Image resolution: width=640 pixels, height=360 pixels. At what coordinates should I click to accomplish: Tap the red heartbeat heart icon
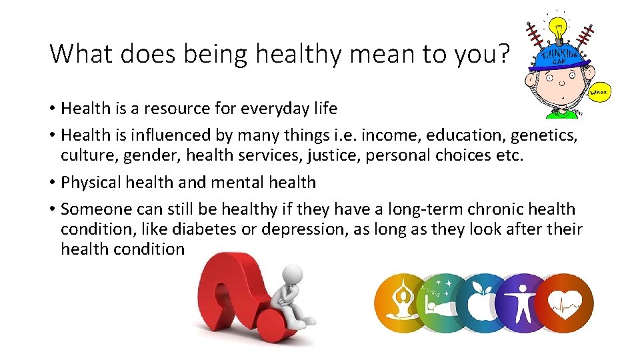pos(564,304)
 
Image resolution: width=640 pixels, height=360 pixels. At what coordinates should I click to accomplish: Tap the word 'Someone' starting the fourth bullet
pos(89,209)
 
